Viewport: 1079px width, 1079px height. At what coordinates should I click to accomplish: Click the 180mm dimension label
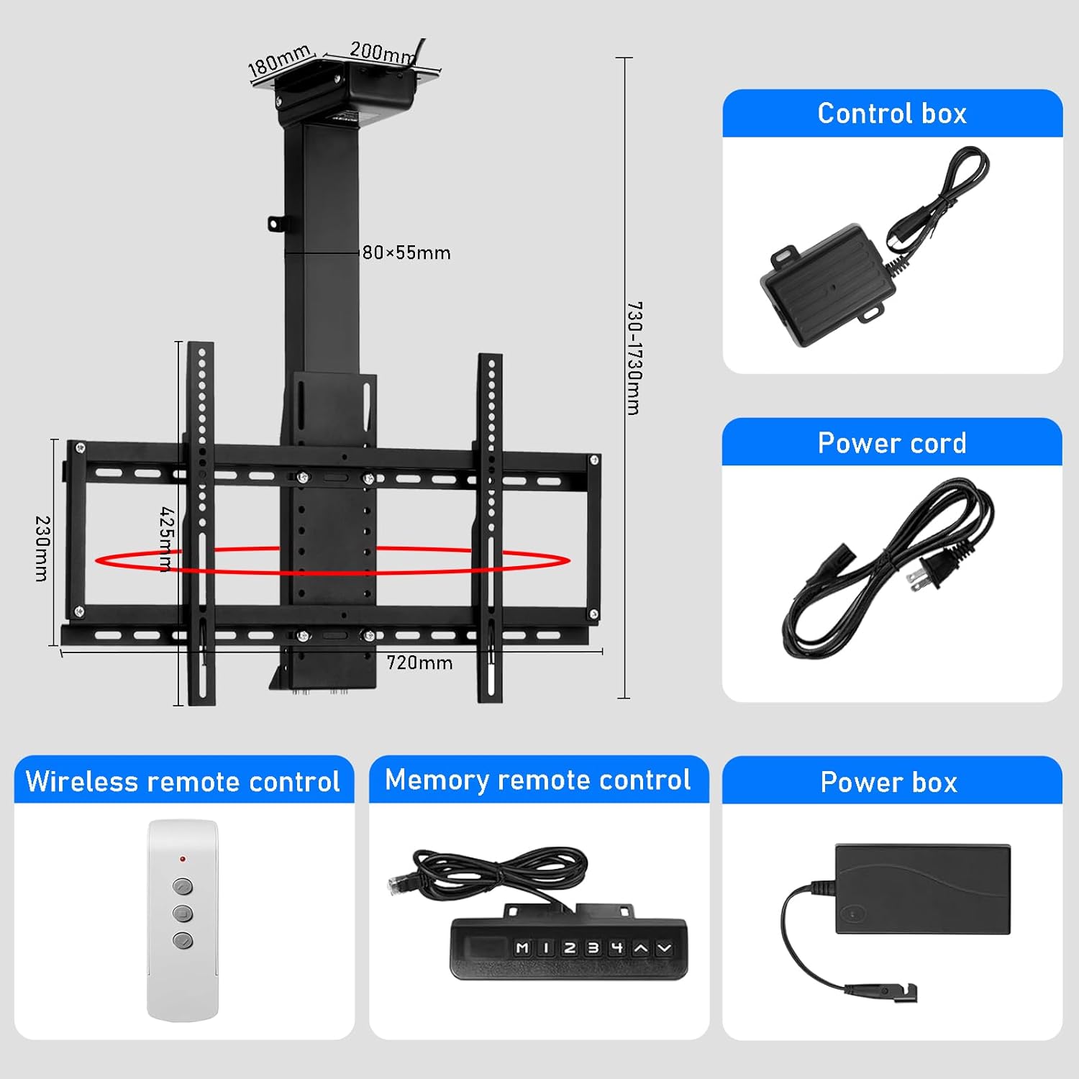[x=279, y=60]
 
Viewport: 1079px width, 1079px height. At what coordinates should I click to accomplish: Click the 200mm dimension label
[x=382, y=52]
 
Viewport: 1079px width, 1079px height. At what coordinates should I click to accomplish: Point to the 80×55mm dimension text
[x=406, y=252]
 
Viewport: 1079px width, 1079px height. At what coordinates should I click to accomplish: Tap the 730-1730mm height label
[x=634, y=358]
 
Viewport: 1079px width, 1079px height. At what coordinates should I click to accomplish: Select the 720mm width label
[x=419, y=663]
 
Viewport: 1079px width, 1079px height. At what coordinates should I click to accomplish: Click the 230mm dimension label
[x=42, y=548]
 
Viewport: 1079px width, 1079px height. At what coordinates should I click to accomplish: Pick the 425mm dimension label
[x=166, y=539]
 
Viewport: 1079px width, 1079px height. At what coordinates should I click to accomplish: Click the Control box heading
[x=892, y=114]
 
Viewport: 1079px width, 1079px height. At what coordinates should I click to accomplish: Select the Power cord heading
[x=892, y=443]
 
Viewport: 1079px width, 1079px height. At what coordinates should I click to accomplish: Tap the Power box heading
[x=889, y=782]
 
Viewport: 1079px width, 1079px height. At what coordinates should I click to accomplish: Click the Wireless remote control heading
[x=183, y=781]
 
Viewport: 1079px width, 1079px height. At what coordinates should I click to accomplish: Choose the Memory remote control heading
[x=538, y=780]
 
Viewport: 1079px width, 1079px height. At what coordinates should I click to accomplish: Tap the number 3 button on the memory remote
[x=593, y=948]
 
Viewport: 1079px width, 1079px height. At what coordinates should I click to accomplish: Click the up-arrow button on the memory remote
[x=640, y=948]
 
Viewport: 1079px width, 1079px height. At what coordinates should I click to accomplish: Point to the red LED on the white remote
[x=183, y=859]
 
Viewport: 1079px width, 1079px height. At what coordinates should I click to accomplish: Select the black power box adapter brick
[x=923, y=889]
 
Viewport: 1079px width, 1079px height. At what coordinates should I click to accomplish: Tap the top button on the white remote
[x=183, y=885]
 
